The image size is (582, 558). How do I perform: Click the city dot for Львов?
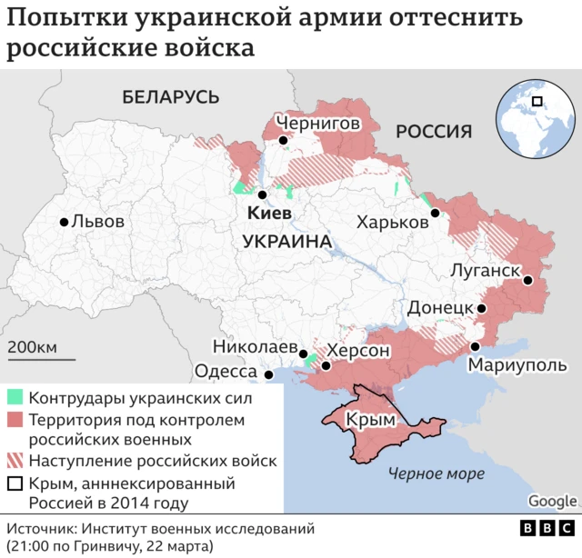click(64, 222)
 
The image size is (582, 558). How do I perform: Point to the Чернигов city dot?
click(285, 141)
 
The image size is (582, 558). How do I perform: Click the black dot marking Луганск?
click(527, 281)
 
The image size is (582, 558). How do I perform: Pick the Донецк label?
click(440, 308)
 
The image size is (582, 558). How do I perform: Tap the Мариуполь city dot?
click(475, 346)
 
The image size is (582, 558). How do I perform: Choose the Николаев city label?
click(255, 347)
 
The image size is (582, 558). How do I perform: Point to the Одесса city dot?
click(268, 374)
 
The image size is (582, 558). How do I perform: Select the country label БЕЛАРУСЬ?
click(171, 97)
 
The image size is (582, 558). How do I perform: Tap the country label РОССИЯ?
click(433, 132)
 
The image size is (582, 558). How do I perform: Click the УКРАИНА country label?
click(286, 242)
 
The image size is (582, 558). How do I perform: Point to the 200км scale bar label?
click(33, 347)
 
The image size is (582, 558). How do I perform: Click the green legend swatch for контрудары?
click(15, 398)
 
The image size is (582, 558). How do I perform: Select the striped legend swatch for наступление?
click(15, 461)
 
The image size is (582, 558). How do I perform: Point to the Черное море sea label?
click(430, 473)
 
